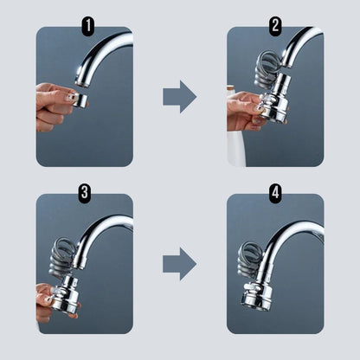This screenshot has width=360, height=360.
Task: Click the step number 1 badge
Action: [88, 26]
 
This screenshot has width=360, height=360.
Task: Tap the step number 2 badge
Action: [275, 26]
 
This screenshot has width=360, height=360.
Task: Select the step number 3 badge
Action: [84, 192]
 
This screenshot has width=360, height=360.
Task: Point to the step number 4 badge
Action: [275, 192]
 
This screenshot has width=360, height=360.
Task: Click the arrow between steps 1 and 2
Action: [180, 97]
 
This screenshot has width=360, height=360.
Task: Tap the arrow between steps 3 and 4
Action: [180, 264]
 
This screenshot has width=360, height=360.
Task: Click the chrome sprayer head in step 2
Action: [275, 100]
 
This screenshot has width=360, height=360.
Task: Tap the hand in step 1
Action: [52, 106]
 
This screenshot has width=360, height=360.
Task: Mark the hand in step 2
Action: [245, 111]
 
